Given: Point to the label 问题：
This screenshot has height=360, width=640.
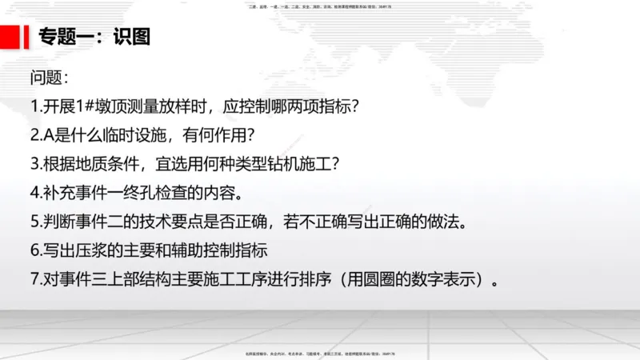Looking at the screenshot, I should coord(50,78).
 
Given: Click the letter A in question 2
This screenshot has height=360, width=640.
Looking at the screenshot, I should coord(47,135).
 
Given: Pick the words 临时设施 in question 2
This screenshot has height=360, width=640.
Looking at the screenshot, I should coord(136,135).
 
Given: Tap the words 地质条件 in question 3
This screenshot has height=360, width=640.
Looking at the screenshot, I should coord(109,164).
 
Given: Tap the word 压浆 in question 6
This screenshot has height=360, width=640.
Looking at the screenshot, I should coord(94,250).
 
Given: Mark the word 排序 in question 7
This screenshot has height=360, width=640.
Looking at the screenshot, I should coord(306,279).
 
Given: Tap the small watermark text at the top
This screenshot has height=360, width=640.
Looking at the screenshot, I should coord(320,6).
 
